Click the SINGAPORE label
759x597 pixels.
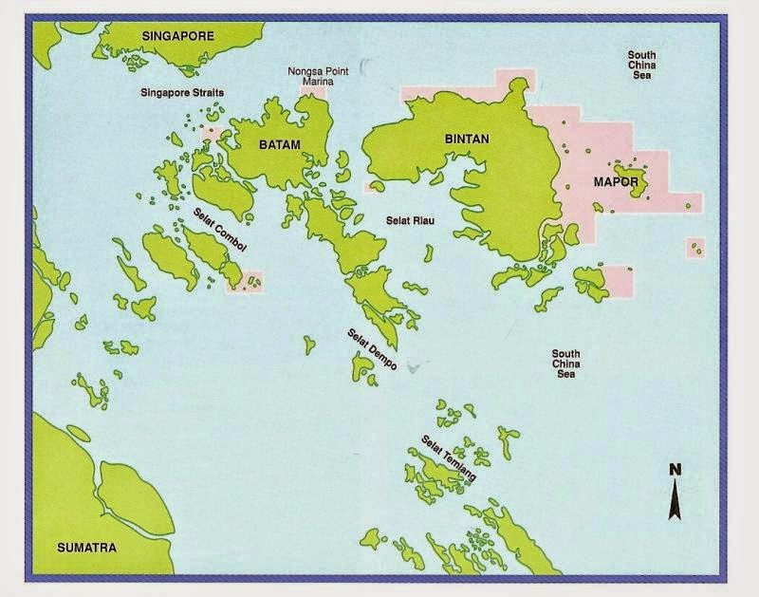click(x=179, y=36)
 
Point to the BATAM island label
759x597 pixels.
click(x=280, y=145)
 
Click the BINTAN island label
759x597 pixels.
click(x=467, y=139)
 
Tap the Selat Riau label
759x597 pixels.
click(x=410, y=219)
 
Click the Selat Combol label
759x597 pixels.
click(x=220, y=229)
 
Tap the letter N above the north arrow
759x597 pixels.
click(x=675, y=469)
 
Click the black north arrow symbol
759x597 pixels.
click(x=675, y=497)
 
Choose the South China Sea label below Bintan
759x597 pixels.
click(x=566, y=364)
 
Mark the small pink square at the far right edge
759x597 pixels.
click(x=695, y=249)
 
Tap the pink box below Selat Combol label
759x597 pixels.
click(x=245, y=282)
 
